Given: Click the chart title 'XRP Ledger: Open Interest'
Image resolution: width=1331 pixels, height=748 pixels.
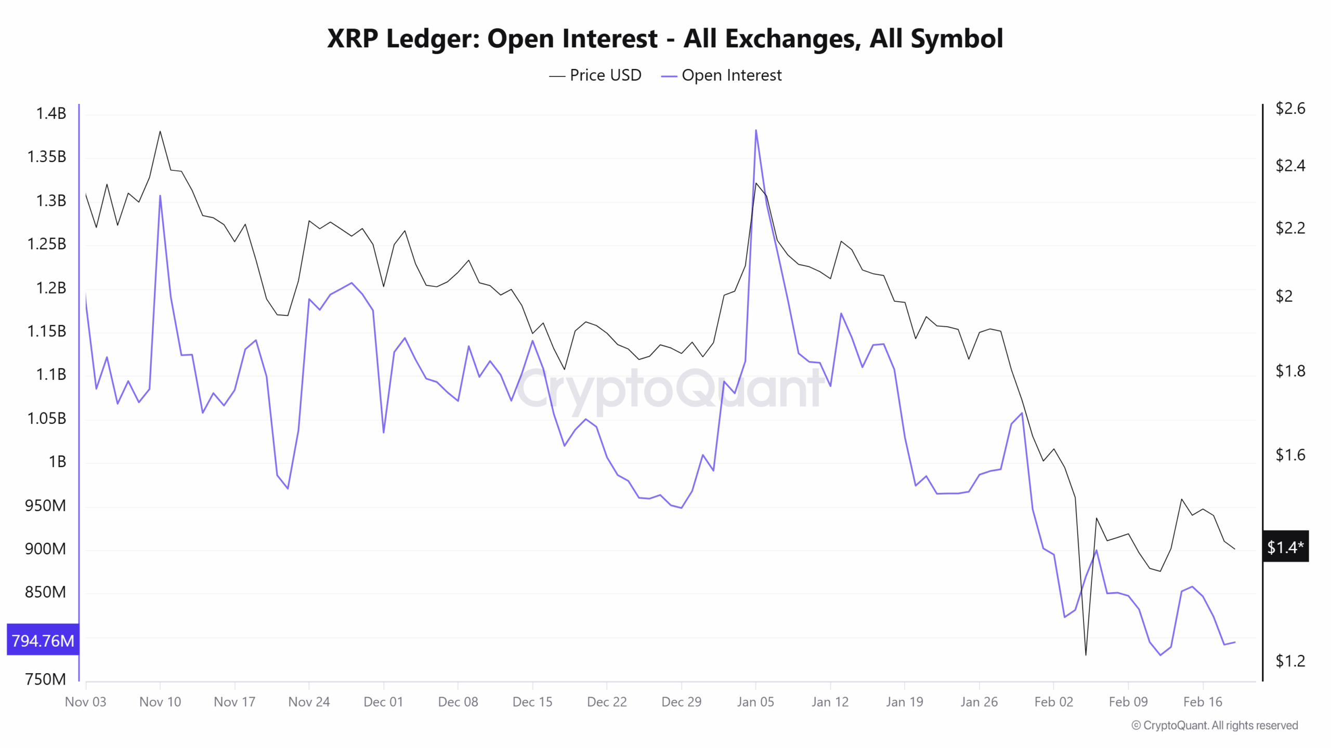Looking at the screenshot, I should point(664,38).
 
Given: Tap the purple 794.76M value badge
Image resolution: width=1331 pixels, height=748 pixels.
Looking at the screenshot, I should point(43,640).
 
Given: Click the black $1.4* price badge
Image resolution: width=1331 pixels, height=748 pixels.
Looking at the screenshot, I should point(1285,546).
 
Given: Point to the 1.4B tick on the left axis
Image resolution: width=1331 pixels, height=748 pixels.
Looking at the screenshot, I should point(51,113).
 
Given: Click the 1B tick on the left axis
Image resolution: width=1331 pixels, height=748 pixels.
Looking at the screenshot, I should point(57,461).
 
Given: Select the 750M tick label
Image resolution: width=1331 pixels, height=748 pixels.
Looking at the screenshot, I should point(46,679).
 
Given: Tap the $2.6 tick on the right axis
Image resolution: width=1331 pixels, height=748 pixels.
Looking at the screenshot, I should point(1290,108).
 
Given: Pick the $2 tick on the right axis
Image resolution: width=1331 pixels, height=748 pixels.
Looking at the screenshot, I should point(1284,296).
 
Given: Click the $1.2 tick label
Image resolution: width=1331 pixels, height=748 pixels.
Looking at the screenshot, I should point(1290,661).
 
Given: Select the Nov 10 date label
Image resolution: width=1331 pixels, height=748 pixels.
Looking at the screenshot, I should point(160,702).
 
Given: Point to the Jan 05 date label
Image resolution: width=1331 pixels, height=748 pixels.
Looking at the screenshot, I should point(755,702).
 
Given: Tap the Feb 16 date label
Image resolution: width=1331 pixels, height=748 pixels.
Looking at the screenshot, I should point(1202,702).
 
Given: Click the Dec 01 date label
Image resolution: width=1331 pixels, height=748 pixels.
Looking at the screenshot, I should point(383,702).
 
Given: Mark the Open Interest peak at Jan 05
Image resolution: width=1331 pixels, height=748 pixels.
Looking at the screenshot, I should point(755,130).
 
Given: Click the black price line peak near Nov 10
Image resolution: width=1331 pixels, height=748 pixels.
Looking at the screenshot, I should point(160,131).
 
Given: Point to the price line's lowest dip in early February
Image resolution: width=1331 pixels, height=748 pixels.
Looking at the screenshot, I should point(1086,654).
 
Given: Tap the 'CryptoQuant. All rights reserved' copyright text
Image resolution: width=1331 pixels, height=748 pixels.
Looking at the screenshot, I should point(1215,725).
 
